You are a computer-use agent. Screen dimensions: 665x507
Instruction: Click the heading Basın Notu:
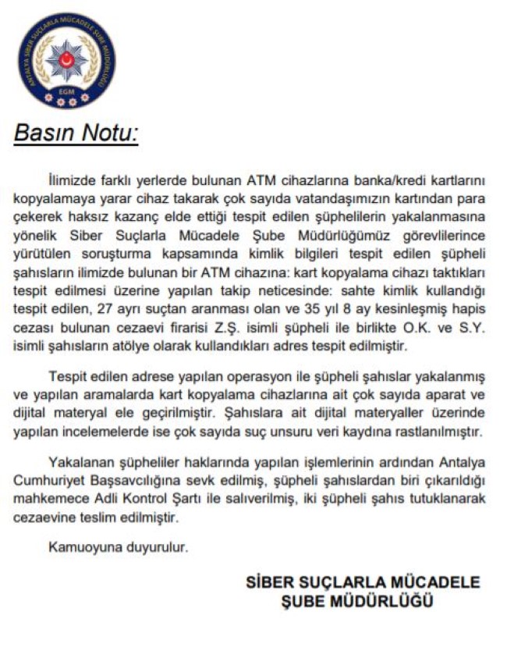pos(76,134)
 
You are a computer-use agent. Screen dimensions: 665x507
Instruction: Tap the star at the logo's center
pos(66,59)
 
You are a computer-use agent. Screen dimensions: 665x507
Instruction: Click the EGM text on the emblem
pos(66,91)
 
